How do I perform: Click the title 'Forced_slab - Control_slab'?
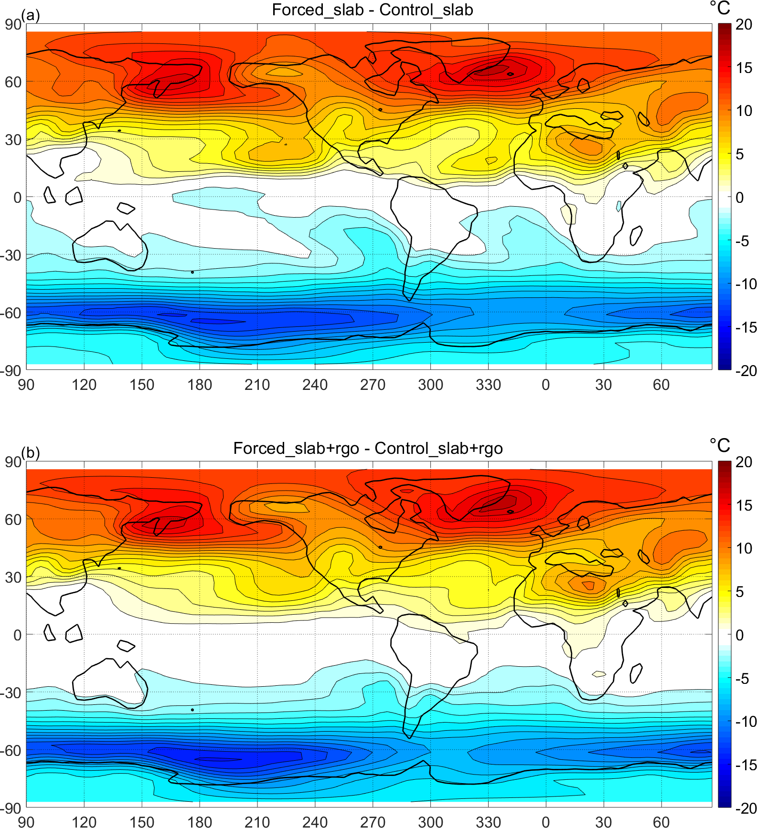click(372, 10)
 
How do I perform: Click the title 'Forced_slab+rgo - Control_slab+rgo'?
click(368, 448)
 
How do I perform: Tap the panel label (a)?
click(31, 15)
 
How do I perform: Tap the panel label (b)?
click(31, 452)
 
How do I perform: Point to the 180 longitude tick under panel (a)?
click(199, 385)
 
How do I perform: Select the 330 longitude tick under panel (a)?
click(488, 385)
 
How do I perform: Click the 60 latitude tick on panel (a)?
click(13, 82)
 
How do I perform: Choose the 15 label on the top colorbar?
click(744, 68)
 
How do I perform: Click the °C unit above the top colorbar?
click(720, 8)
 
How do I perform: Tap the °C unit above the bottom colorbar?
click(720, 445)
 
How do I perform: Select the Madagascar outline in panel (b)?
click(636, 673)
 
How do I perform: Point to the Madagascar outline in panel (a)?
click(636, 236)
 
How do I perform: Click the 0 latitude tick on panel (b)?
click(17, 635)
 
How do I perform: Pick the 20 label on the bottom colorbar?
click(744, 462)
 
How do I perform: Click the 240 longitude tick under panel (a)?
click(315, 385)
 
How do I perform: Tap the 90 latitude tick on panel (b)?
click(13, 462)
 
